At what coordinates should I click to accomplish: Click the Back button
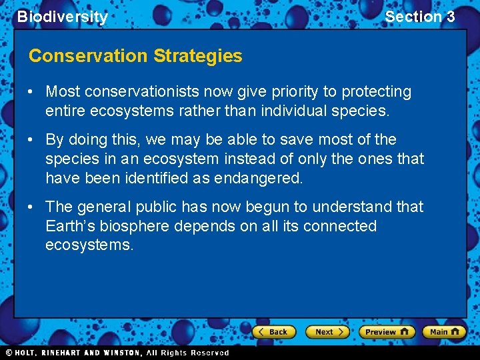[x=273, y=331]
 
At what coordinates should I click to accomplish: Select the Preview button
[x=387, y=331]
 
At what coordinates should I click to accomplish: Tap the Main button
[x=445, y=331]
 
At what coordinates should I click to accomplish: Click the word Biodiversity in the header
[x=63, y=17]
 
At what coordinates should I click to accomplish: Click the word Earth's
[x=69, y=226]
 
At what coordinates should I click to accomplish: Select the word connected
[x=340, y=226]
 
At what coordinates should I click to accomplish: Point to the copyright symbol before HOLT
[x=9, y=353]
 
